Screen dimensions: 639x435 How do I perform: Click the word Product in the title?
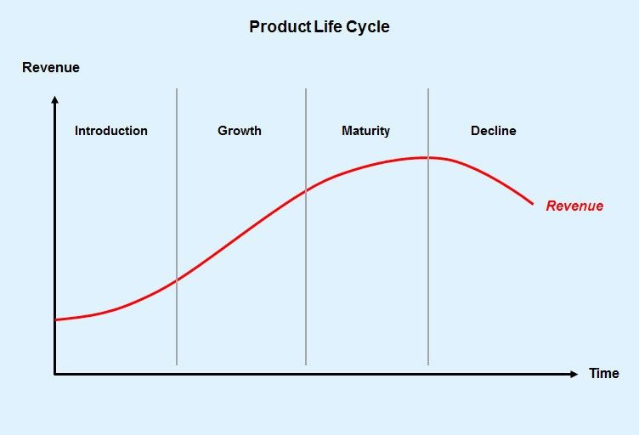pyautogui.click(x=280, y=27)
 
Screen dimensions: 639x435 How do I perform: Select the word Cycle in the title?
pyautogui.click(x=368, y=28)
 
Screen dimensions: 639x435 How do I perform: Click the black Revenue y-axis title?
pyautogui.click(x=51, y=68)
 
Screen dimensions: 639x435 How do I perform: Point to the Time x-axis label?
pyautogui.click(x=604, y=373)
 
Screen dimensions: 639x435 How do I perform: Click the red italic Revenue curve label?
pyautogui.click(x=574, y=206)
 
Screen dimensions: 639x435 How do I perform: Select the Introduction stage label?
pyautogui.click(x=111, y=131)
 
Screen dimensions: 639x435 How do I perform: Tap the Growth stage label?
pyautogui.click(x=240, y=131)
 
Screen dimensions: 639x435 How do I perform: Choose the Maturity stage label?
pyautogui.click(x=366, y=131)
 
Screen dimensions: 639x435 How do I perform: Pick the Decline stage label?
pyautogui.click(x=494, y=131)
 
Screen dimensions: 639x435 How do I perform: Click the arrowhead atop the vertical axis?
pyautogui.click(x=55, y=99)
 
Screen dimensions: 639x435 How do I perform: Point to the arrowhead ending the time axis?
pyautogui.click(x=574, y=374)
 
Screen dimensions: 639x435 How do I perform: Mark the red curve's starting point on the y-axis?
pyautogui.click(x=55, y=320)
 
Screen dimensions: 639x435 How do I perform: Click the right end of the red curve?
pyautogui.click(x=533, y=204)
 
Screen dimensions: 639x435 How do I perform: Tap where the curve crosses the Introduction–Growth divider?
pyautogui.click(x=177, y=280)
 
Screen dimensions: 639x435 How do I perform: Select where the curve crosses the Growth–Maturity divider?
pyautogui.click(x=306, y=190)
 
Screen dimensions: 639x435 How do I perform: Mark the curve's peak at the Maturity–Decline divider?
pyautogui.click(x=428, y=158)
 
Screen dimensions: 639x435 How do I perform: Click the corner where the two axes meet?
pyautogui.click(x=55, y=374)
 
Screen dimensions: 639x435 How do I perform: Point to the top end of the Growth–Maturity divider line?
pyautogui.click(x=306, y=88)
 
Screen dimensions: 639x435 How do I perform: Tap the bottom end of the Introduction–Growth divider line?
pyautogui.click(x=177, y=365)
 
